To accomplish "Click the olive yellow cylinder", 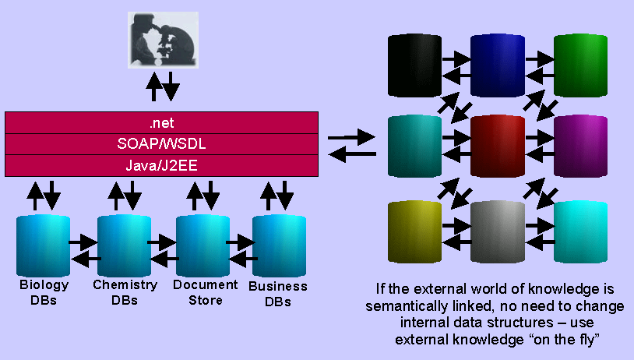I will click(x=414, y=231).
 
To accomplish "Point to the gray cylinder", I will click(x=498, y=231).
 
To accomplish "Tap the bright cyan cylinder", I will click(x=581, y=231).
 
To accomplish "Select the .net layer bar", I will click(x=162, y=123).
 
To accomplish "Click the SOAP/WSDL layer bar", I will click(x=162, y=144).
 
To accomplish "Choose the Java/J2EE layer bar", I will click(x=162, y=165).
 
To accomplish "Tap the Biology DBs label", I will click(x=44, y=292).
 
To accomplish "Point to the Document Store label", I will click(x=199, y=292).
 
